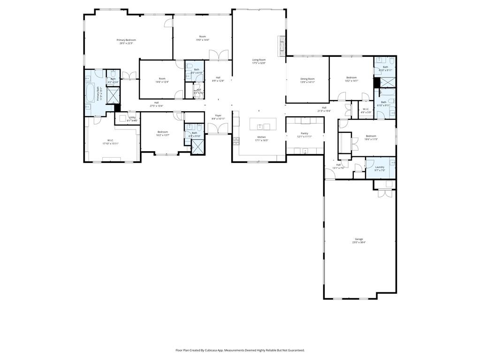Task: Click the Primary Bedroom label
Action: point(126,40)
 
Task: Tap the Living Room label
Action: point(259,60)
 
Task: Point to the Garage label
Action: point(358,239)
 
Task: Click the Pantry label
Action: point(305,133)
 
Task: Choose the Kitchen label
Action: point(261,137)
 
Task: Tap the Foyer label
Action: point(218,115)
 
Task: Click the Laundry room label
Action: point(380,167)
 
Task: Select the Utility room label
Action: point(132,117)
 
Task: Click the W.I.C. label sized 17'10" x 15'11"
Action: point(111,140)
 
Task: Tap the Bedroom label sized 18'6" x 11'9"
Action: point(371,136)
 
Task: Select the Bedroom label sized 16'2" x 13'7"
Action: point(163,132)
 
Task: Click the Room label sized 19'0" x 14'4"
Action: point(202,37)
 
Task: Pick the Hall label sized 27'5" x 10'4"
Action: point(156,103)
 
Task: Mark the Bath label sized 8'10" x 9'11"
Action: point(385,67)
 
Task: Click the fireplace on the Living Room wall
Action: point(282,46)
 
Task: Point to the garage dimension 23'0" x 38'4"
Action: point(358,242)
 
